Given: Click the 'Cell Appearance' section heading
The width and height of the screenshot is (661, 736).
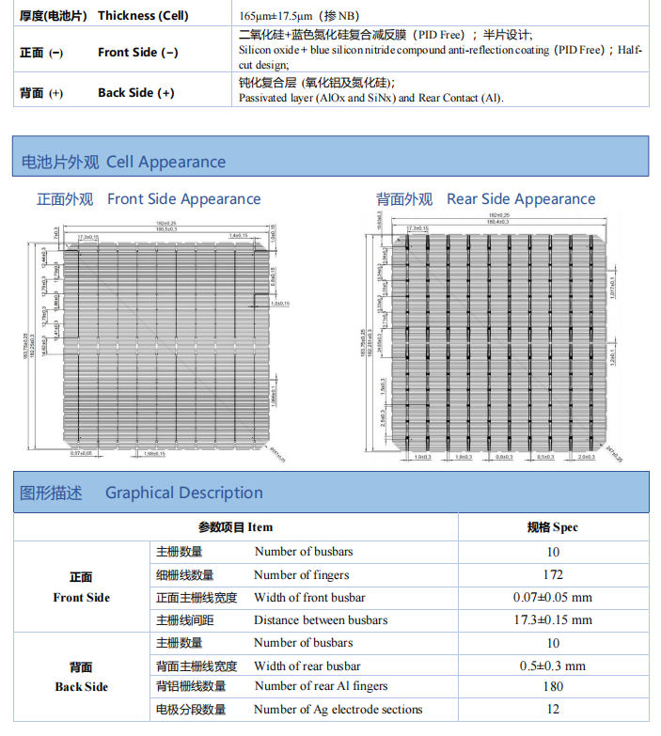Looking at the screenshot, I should (165, 162).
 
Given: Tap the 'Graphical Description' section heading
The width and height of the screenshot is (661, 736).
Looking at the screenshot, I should (183, 493).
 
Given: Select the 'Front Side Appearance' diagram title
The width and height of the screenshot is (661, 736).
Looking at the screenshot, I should (183, 199).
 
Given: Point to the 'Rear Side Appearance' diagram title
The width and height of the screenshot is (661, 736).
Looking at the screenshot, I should (521, 199).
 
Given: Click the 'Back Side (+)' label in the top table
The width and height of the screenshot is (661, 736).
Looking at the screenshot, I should (135, 93).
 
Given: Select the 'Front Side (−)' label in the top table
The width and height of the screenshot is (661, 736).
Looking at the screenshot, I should (137, 53).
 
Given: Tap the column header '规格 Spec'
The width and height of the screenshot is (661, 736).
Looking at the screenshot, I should (553, 527).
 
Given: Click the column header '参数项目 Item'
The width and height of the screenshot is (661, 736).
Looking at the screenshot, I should (235, 527).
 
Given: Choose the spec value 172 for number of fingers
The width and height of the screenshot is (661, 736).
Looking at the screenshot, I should (553, 574).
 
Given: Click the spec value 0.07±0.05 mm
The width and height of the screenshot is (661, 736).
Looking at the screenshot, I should (553, 598).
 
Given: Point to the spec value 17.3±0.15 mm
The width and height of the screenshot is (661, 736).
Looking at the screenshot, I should (553, 620).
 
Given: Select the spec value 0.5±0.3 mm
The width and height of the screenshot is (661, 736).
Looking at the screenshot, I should (553, 666).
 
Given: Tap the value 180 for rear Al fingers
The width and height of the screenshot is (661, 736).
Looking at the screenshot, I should (553, 687).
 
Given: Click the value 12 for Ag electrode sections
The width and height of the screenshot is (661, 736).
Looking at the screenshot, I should (553, 710).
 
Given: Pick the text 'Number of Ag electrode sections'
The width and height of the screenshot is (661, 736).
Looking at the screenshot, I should (338, 710).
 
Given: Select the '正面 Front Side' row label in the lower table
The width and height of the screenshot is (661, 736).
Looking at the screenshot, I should (81, 587).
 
